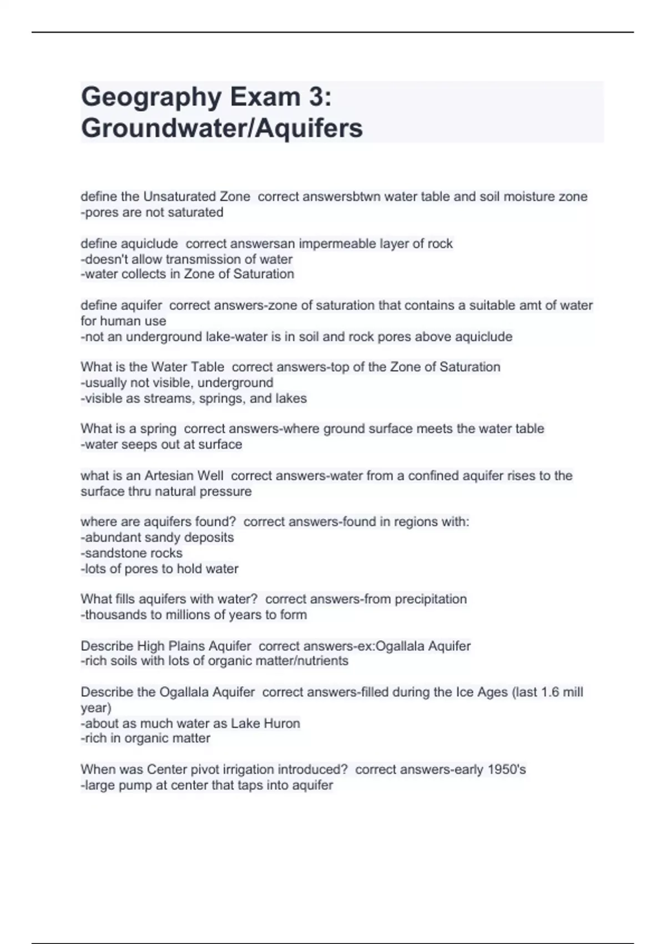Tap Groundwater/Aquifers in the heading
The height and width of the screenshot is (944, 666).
click(x=221, y=128)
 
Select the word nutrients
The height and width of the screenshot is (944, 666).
click(x=324, y=661)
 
